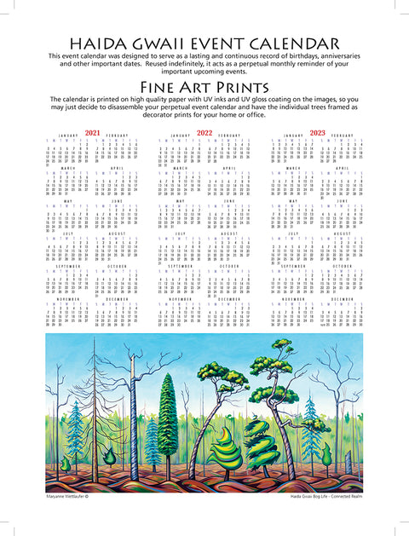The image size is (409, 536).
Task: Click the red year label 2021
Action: pos(92,133)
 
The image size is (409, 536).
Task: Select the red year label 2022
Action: pos(204,133)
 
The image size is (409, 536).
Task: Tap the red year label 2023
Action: pos(317,133)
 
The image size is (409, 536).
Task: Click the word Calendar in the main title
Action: pos(291,44)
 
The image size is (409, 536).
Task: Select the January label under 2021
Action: pos(71,135)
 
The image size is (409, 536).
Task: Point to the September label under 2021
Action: pos(71,292)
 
